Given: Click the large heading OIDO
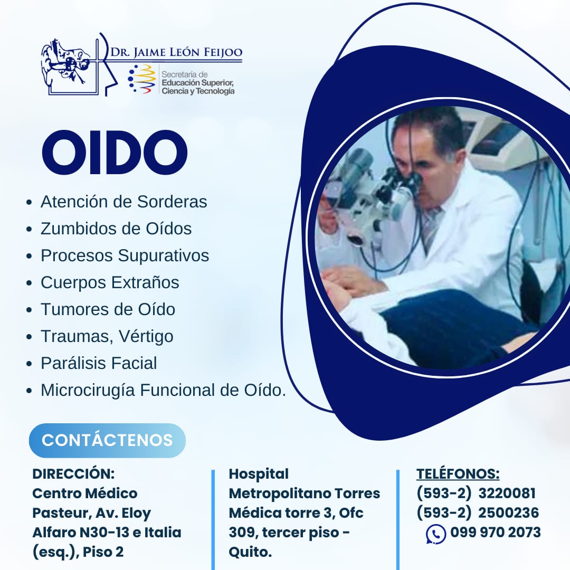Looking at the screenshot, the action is (115, 152).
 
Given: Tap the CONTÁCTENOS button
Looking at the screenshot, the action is (107, 440).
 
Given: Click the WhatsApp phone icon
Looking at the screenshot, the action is (436, 534).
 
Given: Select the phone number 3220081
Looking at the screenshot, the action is (507, 493).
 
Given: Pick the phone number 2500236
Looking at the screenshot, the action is (508, 512).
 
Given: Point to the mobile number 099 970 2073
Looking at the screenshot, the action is (496, 532).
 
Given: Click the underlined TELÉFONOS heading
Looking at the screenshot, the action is (458, 473).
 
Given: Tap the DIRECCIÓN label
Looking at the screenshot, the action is (73, 473).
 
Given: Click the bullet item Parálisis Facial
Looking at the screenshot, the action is (99, 363).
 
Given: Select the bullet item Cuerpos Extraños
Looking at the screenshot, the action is (110, 282).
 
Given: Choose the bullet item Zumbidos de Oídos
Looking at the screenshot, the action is (116, 229).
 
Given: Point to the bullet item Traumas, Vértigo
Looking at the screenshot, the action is (107, 336).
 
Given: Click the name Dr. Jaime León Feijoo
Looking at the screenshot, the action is (176, 52).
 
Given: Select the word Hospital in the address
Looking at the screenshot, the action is (259, 473).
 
